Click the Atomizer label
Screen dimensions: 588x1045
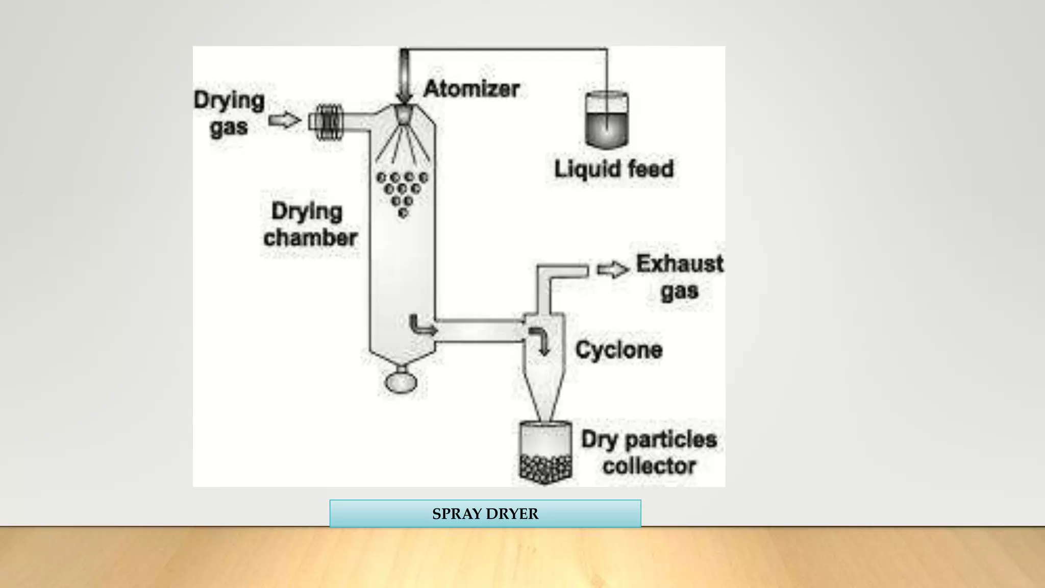tap(471, 89)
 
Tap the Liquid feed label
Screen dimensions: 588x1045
tap(614, 169)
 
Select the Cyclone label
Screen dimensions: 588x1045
tap(618, 350)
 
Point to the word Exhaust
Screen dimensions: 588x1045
tap(679, 264)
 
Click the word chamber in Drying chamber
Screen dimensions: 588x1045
tap(310, 238)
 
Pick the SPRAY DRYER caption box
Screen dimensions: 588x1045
tap(485, 513)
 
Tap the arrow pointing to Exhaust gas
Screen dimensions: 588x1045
tap(613, 269)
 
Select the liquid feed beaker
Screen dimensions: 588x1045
tap(607, 120)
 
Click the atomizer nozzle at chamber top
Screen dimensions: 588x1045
tap(403, 114)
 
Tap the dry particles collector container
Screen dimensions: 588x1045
tap(545, 452)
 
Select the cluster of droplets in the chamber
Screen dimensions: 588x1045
tap(402, 192)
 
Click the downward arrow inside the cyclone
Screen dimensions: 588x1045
tap(540, 340)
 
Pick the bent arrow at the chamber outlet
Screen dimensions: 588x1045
tap(421, 326)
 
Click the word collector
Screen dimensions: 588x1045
tap(649, 466)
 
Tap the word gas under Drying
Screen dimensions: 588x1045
tap(229, 128)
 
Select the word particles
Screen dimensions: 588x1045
tap(673, 439)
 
